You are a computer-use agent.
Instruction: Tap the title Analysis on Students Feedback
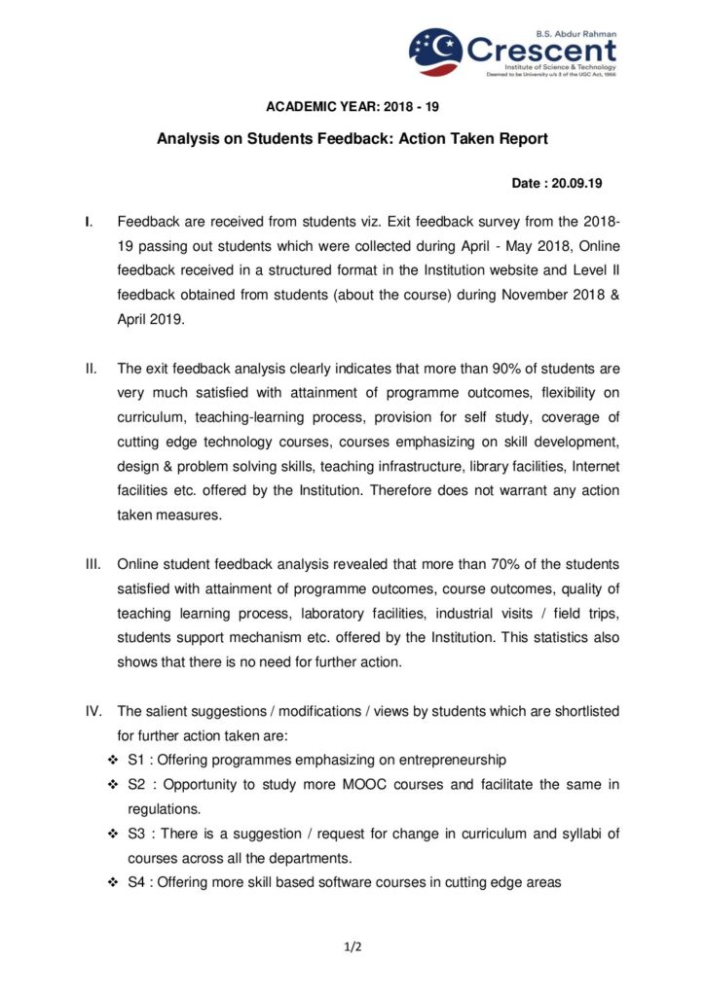tap(352, 139)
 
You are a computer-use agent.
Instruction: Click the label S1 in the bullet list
tap(136, 760)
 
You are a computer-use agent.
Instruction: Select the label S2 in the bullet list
tap(136, 784)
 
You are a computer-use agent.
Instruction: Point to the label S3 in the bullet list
tap(136, 834)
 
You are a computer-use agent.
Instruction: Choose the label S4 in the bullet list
tap(136, 882)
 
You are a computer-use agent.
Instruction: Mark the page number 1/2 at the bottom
tap(352, 944)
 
